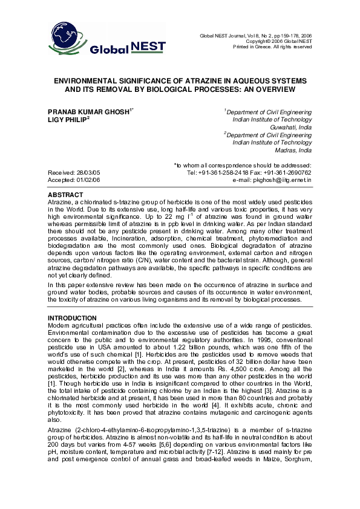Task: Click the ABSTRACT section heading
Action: click(x=65, y=195)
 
